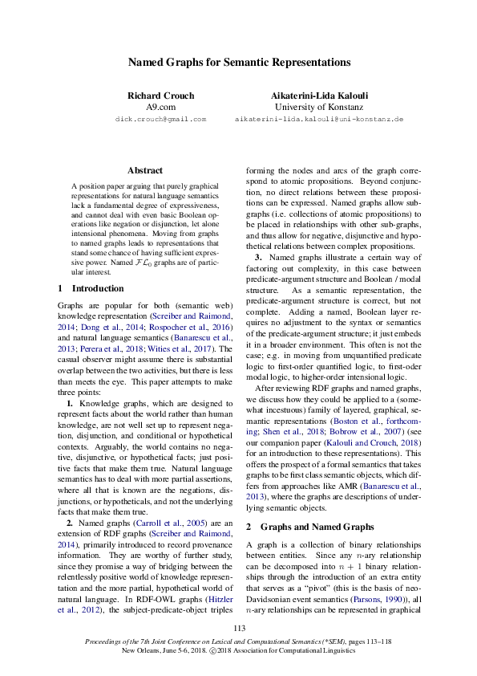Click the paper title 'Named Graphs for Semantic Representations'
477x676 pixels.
(x=238, y=62)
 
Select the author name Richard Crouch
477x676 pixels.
(x=160, y=96)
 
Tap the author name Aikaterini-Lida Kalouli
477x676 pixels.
(x=318, y=96)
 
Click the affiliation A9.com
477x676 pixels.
(x=160, y=107)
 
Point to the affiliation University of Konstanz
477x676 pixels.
(x=318, y=107)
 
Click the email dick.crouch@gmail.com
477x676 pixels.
(x=160, y=119)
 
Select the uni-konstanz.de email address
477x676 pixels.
(x=318, y=119)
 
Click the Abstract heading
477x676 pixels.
(x=145, y=170)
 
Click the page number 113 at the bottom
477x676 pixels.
(x=238, y=628)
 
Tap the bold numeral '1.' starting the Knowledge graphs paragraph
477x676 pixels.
(x=71, y=380)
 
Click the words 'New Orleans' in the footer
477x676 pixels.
(x=143, y=651)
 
